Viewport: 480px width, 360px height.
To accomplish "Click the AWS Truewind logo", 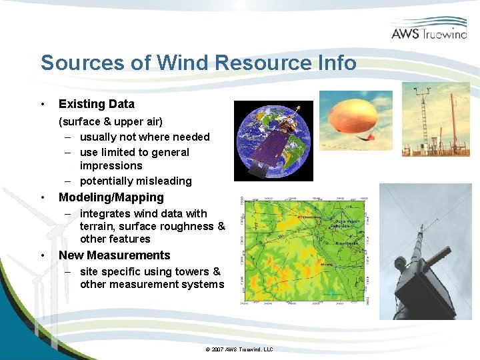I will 429,30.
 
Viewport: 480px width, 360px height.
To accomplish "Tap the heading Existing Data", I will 97,104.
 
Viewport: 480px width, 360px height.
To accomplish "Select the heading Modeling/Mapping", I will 111,197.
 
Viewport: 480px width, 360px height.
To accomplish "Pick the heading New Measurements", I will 115,255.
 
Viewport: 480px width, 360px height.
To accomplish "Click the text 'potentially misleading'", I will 135,181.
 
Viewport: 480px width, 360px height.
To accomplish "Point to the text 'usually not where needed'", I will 145,137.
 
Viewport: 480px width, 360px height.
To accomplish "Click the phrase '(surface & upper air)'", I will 111,121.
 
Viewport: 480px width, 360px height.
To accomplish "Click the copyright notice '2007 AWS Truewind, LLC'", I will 239,349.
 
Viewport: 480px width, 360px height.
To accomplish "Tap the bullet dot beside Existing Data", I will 43,105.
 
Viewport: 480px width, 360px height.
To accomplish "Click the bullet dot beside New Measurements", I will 43,256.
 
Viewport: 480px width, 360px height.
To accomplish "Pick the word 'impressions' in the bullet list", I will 111,165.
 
